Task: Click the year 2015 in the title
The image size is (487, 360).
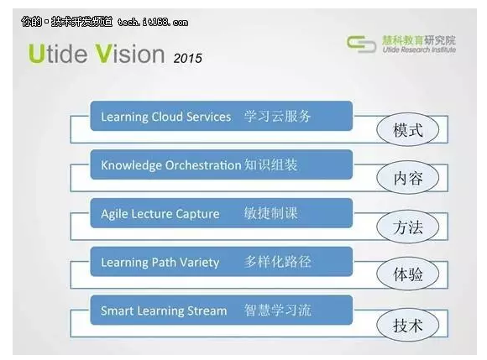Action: (187, 58)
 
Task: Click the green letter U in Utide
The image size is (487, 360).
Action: (37, 54)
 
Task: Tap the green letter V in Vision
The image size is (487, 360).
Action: (103, 54)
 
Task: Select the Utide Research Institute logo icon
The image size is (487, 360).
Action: (361, 44)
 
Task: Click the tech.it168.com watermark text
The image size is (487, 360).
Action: (153, 22)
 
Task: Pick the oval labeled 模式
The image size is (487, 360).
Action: (407, 129)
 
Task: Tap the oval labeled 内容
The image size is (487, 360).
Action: (407, 178)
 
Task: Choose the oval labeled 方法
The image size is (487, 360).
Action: (407, 227)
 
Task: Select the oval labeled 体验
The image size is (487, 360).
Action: (407, 274)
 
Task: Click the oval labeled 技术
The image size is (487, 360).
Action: (407, 325)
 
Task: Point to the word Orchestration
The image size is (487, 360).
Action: (203, 165)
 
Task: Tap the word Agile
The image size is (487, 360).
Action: (113, 215)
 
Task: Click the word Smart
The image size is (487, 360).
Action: (117, 310)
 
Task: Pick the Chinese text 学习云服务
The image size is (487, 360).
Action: (277, 116)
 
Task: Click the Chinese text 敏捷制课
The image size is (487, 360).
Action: (271, 213)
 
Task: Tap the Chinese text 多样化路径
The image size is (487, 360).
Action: (277, 262)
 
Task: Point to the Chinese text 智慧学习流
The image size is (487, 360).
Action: (277, 310)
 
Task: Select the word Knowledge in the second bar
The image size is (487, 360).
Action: (132, 165)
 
